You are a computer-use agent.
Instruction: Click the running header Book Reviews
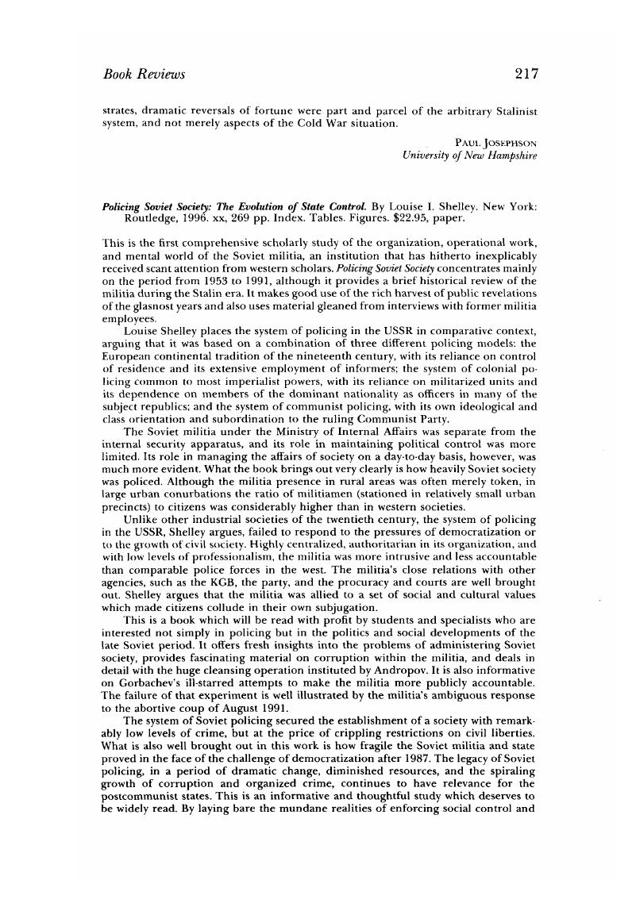(145, 75)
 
